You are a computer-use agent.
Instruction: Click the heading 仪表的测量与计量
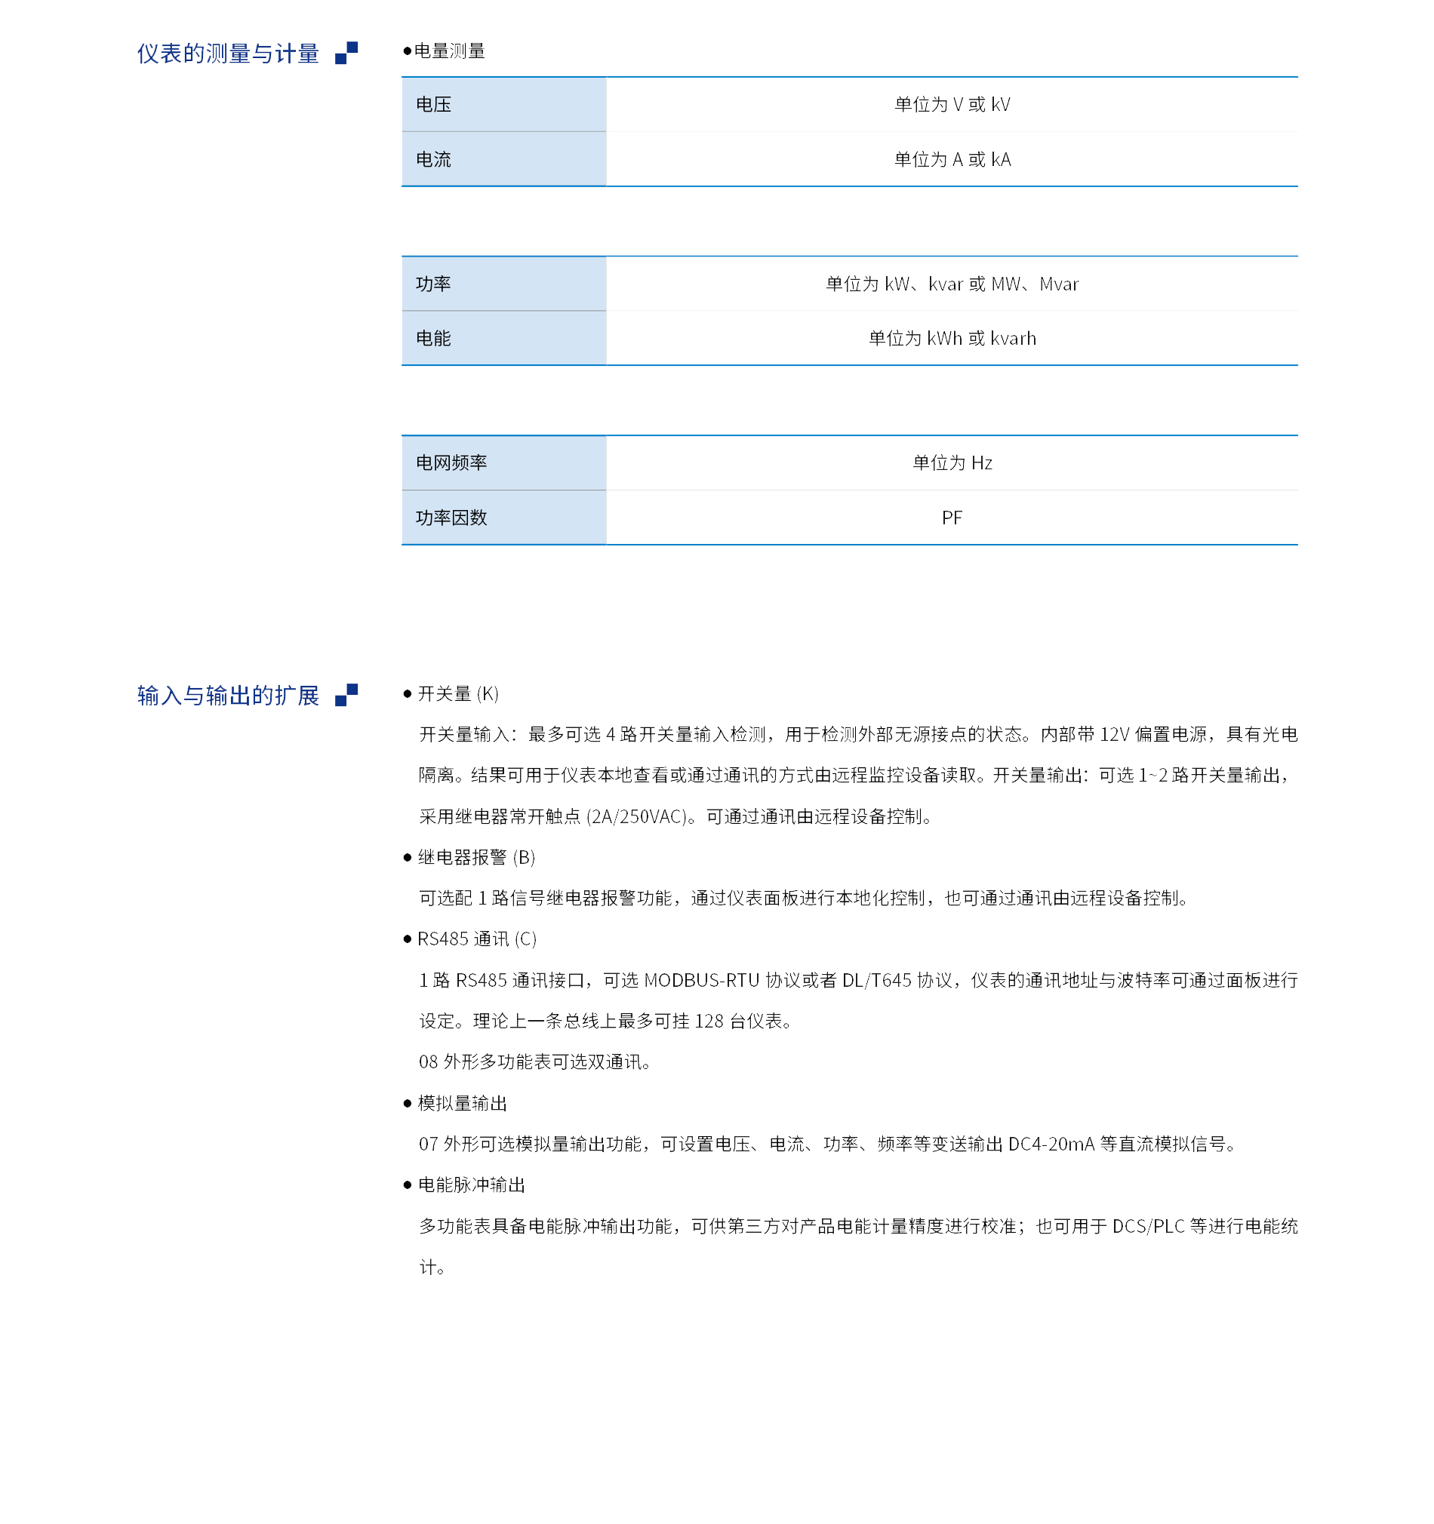click(x=228, y=54)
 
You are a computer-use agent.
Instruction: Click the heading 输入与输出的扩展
click(x=228, y=696)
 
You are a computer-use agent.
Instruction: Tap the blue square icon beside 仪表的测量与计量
click(x=346, y=53)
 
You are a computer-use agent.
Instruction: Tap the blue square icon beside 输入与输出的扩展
click(x=346, y=695)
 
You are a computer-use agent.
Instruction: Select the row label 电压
click(x=433, y=104)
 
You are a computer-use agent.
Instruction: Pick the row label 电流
click(x=433, y=159)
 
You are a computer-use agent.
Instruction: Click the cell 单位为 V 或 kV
click(x=952, y=104)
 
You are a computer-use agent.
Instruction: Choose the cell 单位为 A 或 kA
click(x=952, y=159)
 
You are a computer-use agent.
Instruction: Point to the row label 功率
click(x=433, y=284)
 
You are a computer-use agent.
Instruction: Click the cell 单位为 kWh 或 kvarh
click(x=952, y=338)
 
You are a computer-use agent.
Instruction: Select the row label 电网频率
click(x=451, y=462)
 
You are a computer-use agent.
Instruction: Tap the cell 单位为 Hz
click(x=952, y=462)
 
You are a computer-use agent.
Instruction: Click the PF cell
click(x=952, y=518)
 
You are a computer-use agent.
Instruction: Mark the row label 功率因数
click(x=451, y=518)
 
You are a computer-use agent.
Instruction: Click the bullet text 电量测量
click(x=449, y=51)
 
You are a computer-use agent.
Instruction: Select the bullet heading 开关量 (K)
click(x=458, y=694)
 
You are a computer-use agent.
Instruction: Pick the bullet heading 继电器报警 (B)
click(x=476, y=857)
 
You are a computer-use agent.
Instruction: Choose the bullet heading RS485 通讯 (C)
click(x=477, y=939)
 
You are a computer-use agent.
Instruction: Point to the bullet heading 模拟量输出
click(x=463, y=1103)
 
